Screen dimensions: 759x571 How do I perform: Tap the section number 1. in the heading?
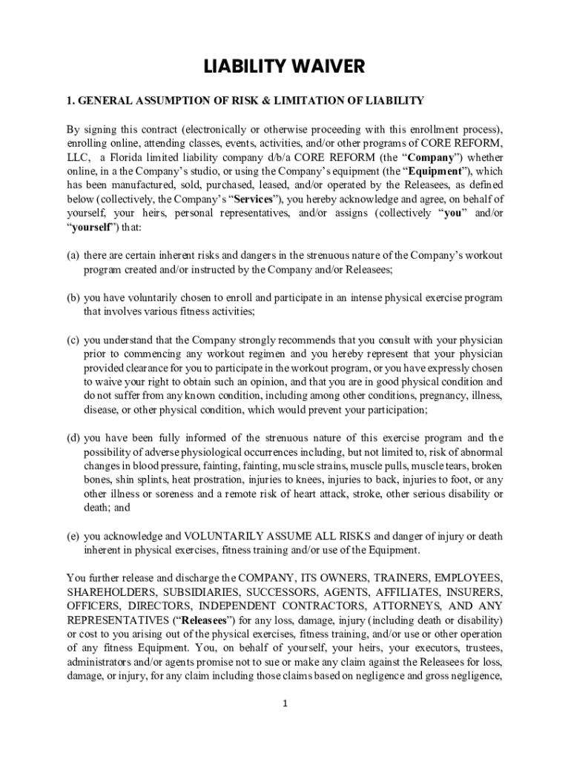(x=71, y=100)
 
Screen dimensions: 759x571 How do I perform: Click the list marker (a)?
(x=73, y=255)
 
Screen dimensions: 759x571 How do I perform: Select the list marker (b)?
(x=73, y=298)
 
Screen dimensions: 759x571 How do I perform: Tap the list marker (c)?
(x=73, y=340)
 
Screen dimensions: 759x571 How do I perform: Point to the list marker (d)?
(x=73, y=437)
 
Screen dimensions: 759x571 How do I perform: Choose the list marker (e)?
(x=73, y=536)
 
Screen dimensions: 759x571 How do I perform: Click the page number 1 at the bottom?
(x=285, y=703)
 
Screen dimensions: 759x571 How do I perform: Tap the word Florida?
(x=130, y=158)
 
